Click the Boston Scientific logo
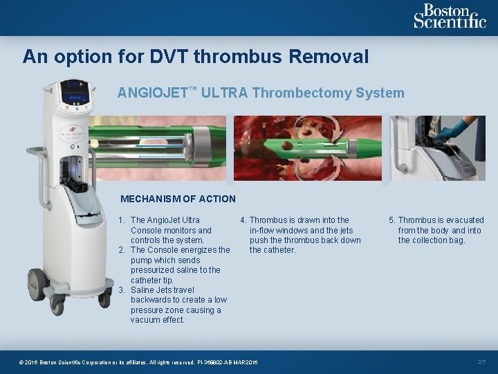click(x=450, y=16)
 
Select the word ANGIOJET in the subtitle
click(x=150, y=93)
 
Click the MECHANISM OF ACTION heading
click(x=178, y=199)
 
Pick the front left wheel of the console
click(x=57, y=303)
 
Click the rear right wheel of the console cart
click(x=105, y=297)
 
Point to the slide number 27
click(x=482, y=362)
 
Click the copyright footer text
click(x=138, y=362)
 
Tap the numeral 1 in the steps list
click(x=121, y=220)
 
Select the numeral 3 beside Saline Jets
click(x=121, y=290)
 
